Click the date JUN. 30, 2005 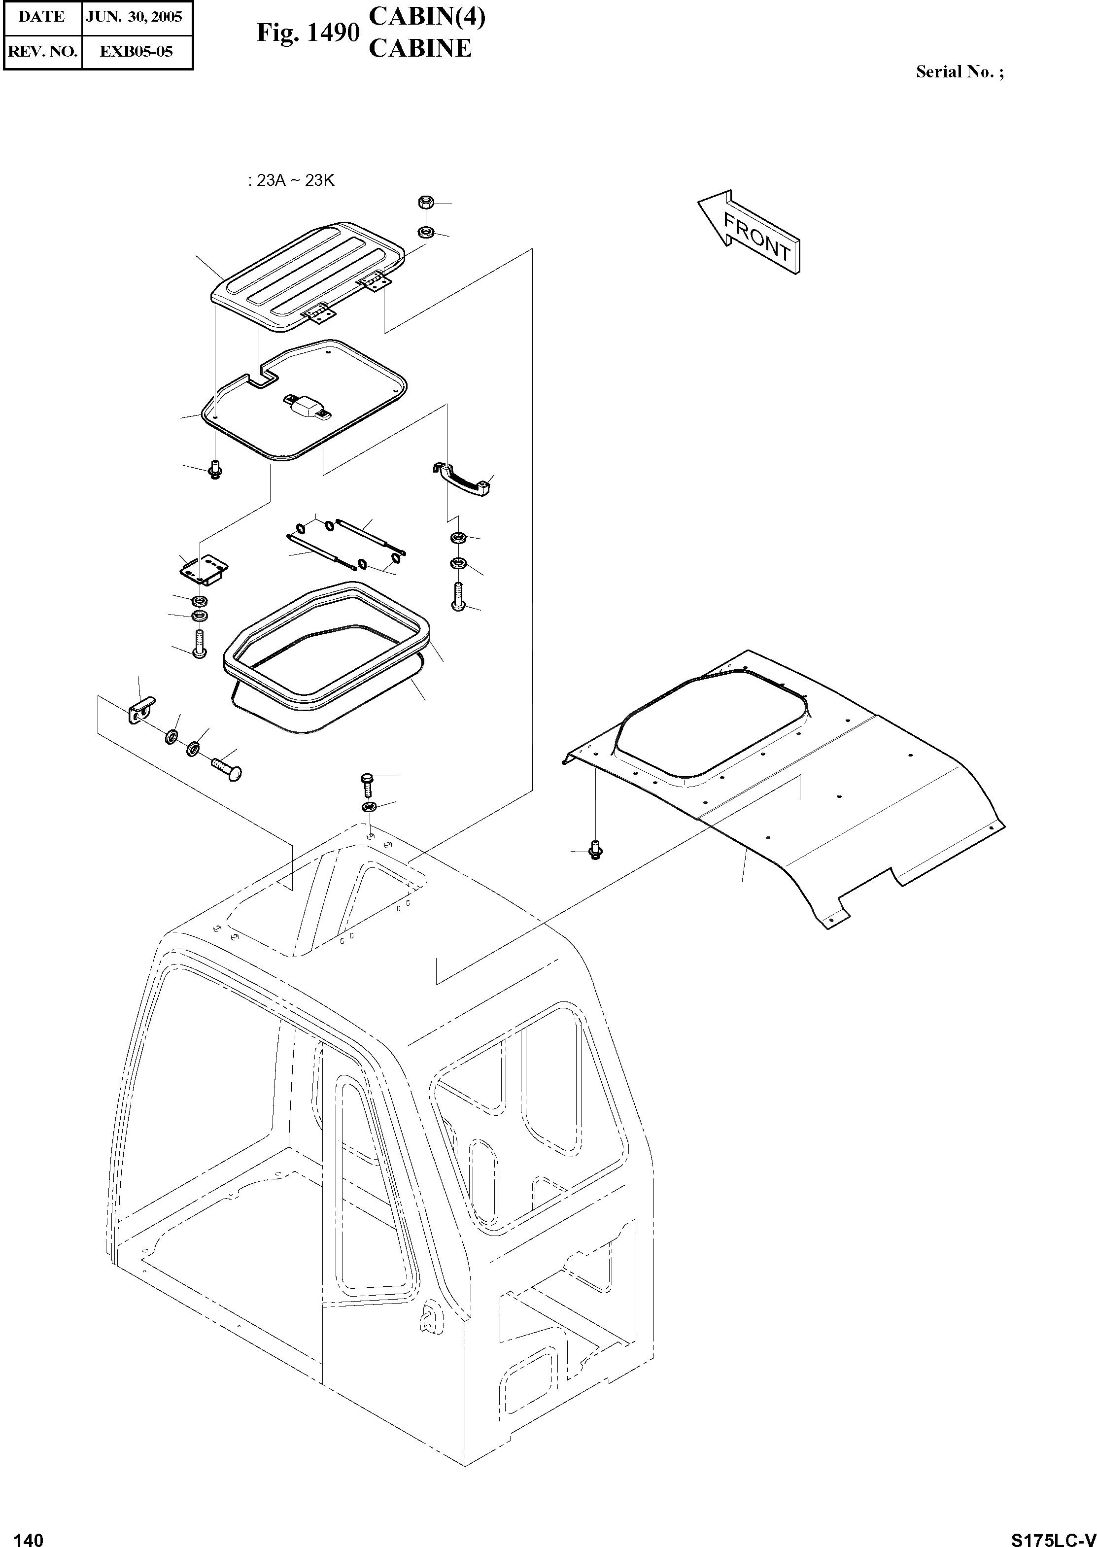(x=134, y=17)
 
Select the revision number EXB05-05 (x=136, y=51)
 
